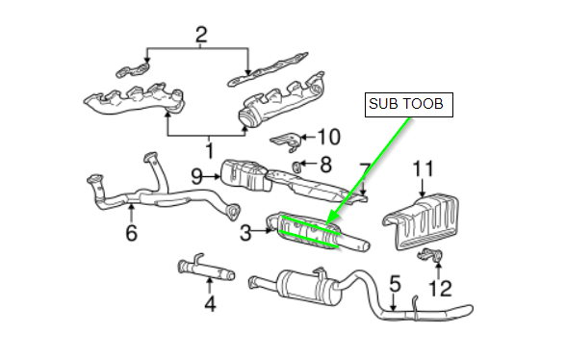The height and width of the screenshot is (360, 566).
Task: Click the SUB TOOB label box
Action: click(x=408, y=105)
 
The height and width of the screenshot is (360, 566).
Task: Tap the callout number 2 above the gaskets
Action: click(x=201, y=36)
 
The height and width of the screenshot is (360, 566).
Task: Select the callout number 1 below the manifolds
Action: click(x=210, y=150)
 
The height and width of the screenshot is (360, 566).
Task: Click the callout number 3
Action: click(x=245, y=233)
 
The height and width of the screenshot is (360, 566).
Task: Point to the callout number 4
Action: click(x=210, y=303)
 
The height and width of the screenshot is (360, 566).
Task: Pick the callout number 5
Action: click(x=396, y=283)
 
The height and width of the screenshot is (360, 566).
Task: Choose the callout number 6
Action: click(x=131, y=233)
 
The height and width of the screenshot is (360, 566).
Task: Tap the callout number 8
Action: click(x=326, y=165)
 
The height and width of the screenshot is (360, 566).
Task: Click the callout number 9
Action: click(x=196, y=177)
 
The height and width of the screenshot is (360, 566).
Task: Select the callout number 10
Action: click(x=328, y=137)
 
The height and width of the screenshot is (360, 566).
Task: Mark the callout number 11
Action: click(x=423, y=168)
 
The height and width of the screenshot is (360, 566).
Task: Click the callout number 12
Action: click(x=440, y=289)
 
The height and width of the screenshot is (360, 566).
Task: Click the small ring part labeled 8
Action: click(x=296, y=167)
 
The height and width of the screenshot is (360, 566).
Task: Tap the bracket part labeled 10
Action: click(x=286, y=141)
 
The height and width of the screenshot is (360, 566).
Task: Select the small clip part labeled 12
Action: click(x=431, y=255)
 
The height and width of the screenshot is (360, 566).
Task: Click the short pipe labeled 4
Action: click(x=206, y=270)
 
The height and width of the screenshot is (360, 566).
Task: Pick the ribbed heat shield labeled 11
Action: click(x=421, y=222)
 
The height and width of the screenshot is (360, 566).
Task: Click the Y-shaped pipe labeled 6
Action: click(x=159, y=192)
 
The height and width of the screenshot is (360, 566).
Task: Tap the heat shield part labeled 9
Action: click(x=246, y=175)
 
